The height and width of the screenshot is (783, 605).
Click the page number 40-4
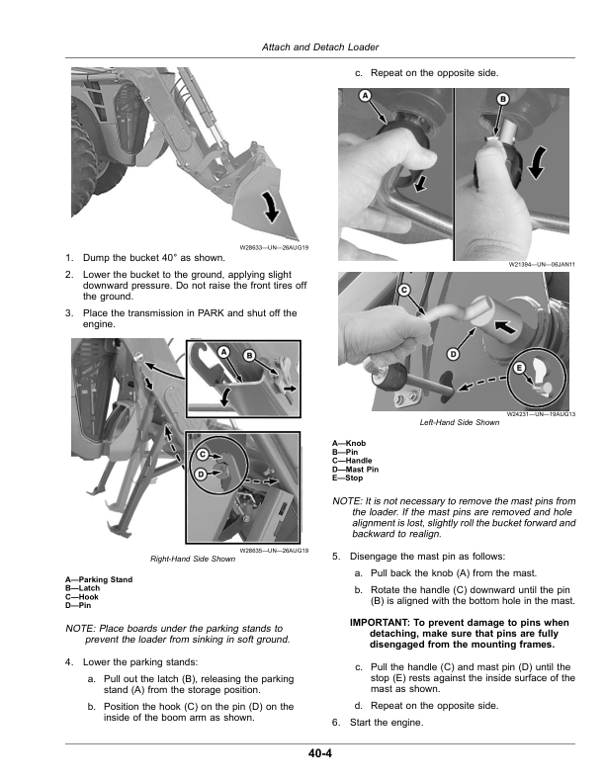click(x=318, y=755)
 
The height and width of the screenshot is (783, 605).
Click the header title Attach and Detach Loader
click(x=318, y=46)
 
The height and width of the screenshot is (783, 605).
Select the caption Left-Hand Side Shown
click(x=460, y=421)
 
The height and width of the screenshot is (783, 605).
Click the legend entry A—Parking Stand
click(x=98, y=579)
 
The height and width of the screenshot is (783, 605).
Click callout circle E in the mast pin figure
click(x=519, y=367)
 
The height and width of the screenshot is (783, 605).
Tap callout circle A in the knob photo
click(x=364, y=96)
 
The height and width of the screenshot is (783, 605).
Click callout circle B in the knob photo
click(x=502, y=99)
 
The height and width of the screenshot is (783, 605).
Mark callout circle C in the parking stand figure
click(x=202, y=454)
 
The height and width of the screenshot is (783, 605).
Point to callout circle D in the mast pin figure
click(x=453, y=353)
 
